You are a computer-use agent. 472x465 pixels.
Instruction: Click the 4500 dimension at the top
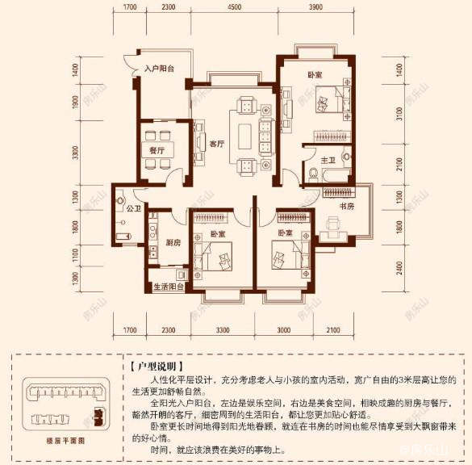[235, 7]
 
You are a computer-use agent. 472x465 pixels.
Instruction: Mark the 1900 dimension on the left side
[73, 103]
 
